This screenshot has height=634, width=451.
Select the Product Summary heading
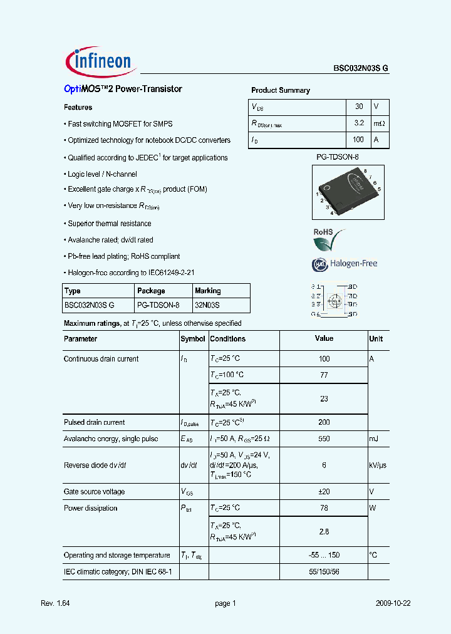coord(281,90)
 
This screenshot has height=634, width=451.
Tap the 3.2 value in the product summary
coord(359,123)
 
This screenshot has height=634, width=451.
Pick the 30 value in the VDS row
coord(359,107)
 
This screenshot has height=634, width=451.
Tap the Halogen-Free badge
coord(345,264)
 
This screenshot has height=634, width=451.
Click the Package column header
coord(151,291)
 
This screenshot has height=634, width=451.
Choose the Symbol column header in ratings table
coord(193,339)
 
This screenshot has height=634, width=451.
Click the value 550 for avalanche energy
coord(324,439)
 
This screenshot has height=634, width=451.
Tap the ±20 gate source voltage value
coord(324,492)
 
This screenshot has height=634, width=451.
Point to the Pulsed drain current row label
coord(94,423)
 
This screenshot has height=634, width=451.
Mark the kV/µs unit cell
coord(378,465)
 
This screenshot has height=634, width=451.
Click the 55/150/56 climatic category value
coord(324,572)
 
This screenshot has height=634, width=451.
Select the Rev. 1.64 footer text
coord(54,603)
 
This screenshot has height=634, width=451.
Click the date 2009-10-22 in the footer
coord(393,603)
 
